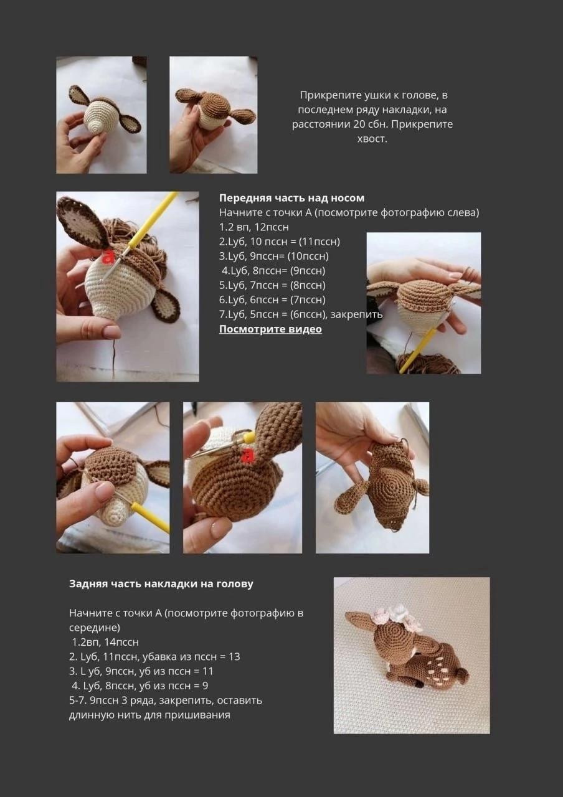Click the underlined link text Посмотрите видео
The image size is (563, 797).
(x=270, y=329)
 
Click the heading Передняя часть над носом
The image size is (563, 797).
(x=291, y=198)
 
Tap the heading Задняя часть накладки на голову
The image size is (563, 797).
(x=161, y=584)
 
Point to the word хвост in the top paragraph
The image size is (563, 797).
(x=372, y=139)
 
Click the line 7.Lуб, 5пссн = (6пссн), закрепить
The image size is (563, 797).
(x=300, y=314)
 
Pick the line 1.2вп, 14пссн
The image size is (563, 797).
(x=105, y=642)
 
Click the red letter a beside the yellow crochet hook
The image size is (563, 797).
(x=108, y=256)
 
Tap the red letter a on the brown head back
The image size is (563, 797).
(x=248, y=456)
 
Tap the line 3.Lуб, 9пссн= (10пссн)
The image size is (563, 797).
(x=273, y=256)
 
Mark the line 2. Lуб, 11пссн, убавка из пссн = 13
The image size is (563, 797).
(x=154, y=656)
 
